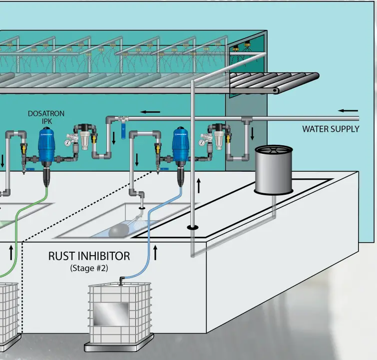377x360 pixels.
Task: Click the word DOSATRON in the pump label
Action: (x=46, y=114)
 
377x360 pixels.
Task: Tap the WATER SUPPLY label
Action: (x=330, y=129)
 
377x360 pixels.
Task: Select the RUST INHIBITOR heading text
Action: (x=89, y=256)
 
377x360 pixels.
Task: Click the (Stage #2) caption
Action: (x=89, y=268)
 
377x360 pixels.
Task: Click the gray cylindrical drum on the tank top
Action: (x=273, y=169)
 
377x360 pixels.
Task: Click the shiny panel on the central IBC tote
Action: (x=111, y=314)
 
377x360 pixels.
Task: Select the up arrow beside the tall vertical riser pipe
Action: (x=198, y=185)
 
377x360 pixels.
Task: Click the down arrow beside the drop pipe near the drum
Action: (x=252, y=133)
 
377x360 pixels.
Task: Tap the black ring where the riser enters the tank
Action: (x=192, y=228)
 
